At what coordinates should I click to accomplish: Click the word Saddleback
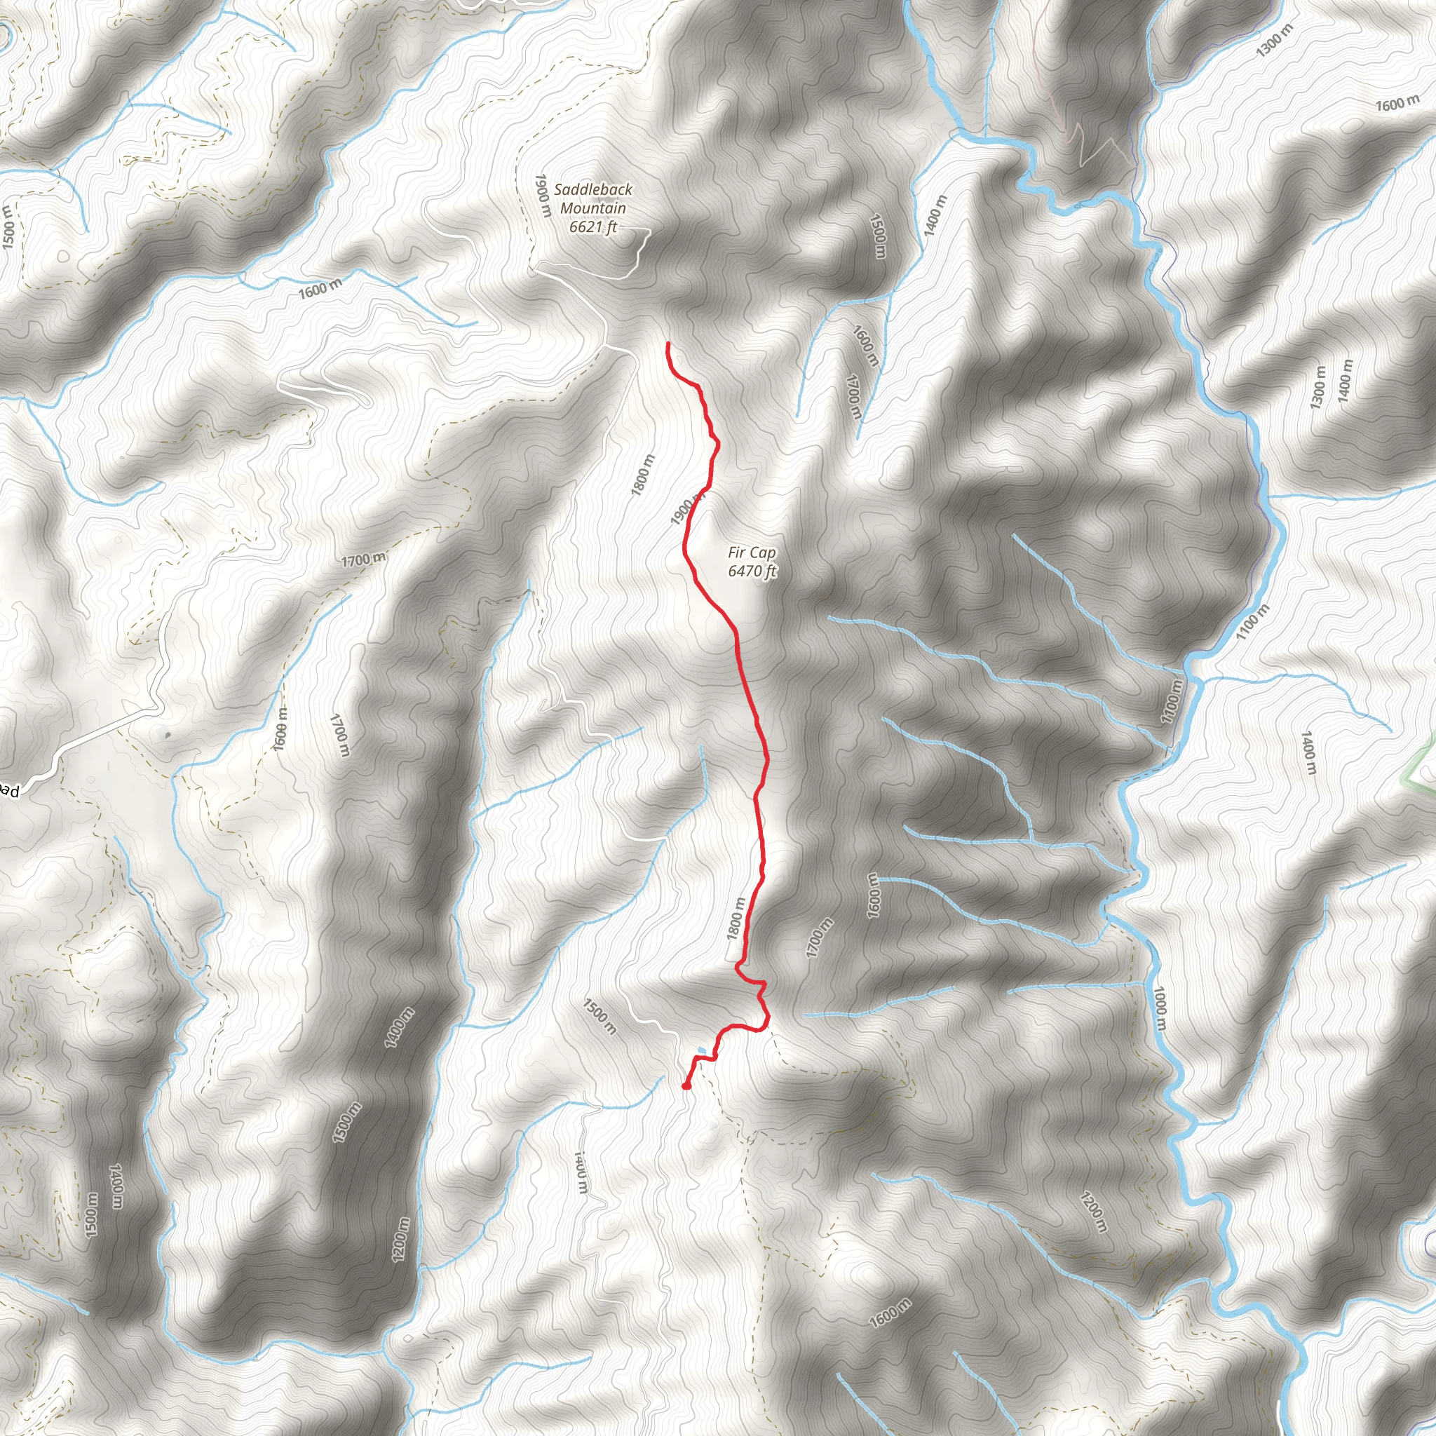click(593, 189)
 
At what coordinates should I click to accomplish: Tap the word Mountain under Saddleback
click(593, 208)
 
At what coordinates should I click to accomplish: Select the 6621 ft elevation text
click(593, 226)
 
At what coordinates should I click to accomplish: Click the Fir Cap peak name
click(752, 553)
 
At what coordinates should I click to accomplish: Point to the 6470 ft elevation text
click(752, 571)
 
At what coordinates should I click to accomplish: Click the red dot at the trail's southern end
click(686, 1086)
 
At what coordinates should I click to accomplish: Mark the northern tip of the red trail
click(668, 344)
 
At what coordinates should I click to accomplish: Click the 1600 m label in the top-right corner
click(1397, 104)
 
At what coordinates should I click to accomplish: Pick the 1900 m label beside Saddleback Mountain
click(542, 196)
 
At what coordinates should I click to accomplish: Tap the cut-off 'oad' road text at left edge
click(10, 792)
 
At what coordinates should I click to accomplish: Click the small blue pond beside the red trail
click(701, 1051)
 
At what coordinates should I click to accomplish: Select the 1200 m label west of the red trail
click(400, 1240)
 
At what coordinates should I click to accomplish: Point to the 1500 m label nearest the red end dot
click(599, 1017)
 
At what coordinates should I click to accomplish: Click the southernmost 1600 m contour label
click(889, 1313)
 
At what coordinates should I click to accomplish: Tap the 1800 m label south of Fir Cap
click(735, 919)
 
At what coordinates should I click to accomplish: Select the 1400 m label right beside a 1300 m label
click(1345, 381)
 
